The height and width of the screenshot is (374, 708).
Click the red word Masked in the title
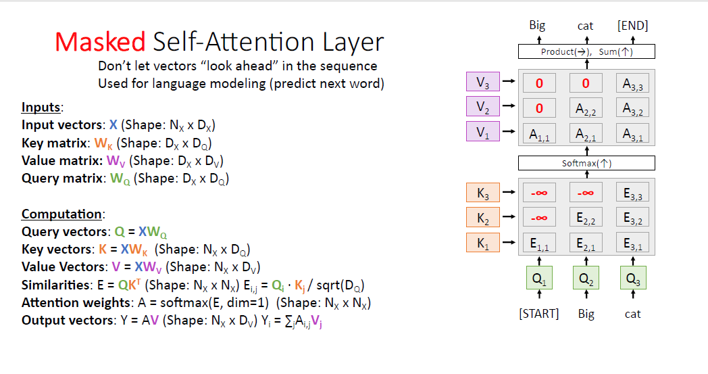pyautogui.click(x=99, y=43)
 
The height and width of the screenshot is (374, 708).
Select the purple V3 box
pyautogui.click(x=482, y=83)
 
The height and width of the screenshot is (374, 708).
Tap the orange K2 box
pyautogui.click(x=482, y=218)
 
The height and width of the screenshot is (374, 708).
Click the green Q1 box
pyautogui.click(x=538, y=279)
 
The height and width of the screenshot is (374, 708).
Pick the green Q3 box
pyautogui.click(x=632, y=279)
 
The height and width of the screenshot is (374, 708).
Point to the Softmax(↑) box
pyautogui.click(x=586, y=163)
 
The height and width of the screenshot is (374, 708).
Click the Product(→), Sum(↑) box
pyautogui.click(x=586, y=51)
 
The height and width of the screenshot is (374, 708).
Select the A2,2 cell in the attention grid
pyautogui.click(x=585, y=108)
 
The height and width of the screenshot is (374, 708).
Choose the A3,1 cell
pyautogui.click(x=632, y=133)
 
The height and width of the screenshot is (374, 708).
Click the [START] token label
pyautogui.click(x=538, y=314)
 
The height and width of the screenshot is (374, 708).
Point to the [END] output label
pyautogui.click(x=632, y=26)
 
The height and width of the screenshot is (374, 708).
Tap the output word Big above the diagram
pyautogui.click(x=537, y=26)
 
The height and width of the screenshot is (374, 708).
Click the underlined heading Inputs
pyautogui.click(x=41, y=108)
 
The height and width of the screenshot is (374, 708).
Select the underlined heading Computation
pyautogui.click(x=62, y=214)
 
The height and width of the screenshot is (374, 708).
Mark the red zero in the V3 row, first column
pyautogui.click(x=538, y=84)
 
